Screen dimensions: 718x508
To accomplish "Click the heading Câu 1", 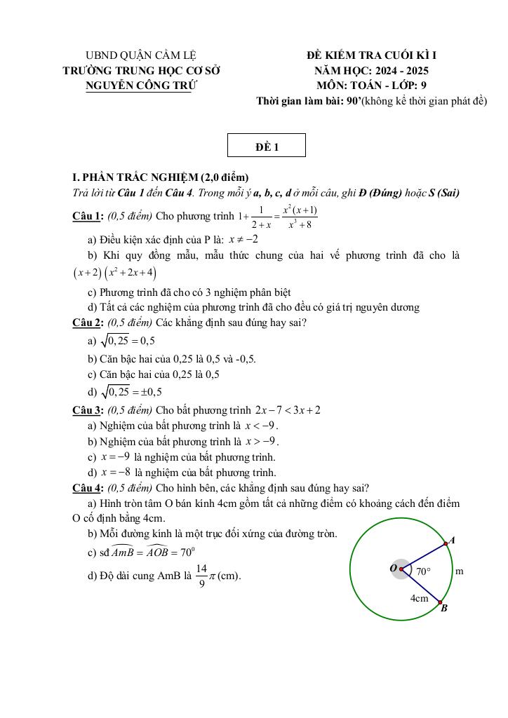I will coord(88,216).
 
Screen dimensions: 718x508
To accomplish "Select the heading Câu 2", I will coord(88,323).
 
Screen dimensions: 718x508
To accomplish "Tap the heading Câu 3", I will coord(88,410).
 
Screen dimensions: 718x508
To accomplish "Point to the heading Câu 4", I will coord(88,488).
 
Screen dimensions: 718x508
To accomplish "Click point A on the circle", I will coord(446,543).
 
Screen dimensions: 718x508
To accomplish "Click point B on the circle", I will coord(440,602).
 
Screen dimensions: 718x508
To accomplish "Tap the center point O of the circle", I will coord(401,569).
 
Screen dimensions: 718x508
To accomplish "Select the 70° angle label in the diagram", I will coord(423,571).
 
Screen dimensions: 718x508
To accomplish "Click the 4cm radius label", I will coord(419,598).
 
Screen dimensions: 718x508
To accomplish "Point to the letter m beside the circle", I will coord(460,571).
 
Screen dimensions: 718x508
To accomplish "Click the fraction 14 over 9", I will coord(201,576).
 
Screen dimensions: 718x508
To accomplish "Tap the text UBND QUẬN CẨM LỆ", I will coord(140,55).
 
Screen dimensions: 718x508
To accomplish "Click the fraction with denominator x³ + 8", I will coord(300,217).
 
